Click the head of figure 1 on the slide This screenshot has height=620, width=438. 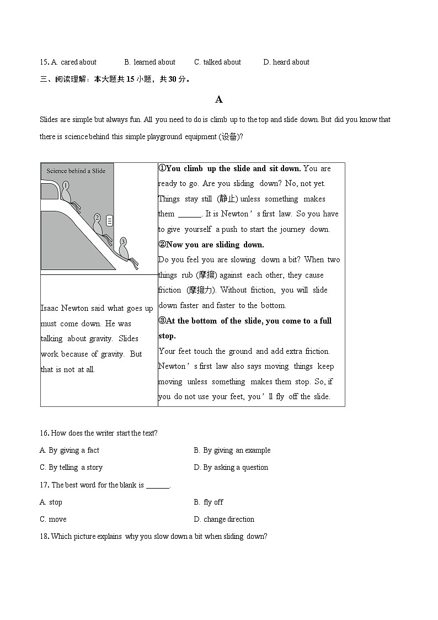(x=66, y=186)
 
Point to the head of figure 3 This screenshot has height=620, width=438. (x=123, y=241)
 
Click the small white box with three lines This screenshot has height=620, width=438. (x=110, y=221)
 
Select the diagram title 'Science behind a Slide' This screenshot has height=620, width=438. (x=76, y=171)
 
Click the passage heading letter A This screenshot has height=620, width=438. (x=218, y=100)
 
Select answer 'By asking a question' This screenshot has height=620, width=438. (x=236, y=468)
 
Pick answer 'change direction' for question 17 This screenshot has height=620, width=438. (x=229, y=520)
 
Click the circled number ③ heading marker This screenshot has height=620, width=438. (x=162, y=321)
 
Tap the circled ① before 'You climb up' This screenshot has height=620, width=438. (x=162, y=168)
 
